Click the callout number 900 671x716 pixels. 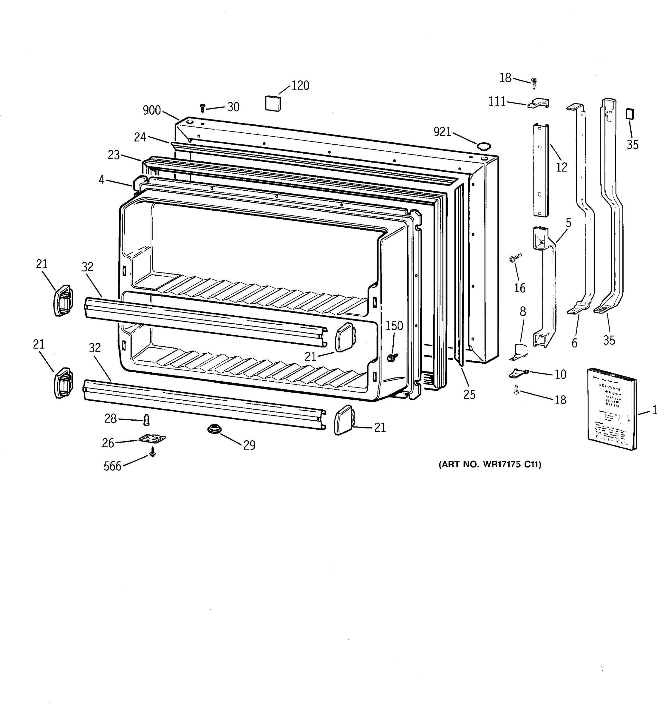[x=151, y=110]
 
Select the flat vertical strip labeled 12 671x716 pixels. [x=541, y=170]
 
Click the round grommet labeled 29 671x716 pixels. [x=214, y=429]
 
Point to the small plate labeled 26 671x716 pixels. [x=152, y=438]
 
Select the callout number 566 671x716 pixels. [x=112, y=466]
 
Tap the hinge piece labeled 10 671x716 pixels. [x=518, y=374]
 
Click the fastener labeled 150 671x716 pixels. [x=392, y=357]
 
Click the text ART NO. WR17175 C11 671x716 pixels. [x=490, y=465]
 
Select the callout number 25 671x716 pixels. [x=469, y=395]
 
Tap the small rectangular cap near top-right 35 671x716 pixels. [x=630, y=114]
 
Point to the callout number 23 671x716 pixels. [x=113, y=155]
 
